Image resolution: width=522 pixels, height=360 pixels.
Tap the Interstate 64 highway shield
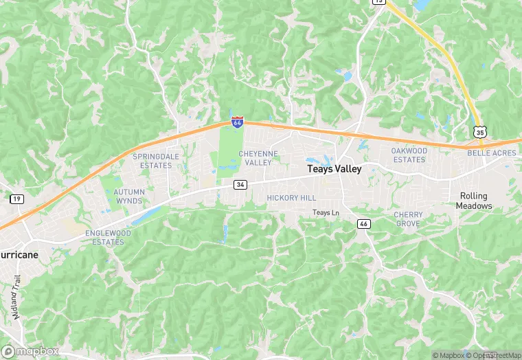tap(237, 122)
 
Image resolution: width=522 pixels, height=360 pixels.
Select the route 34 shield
tap(240, 185)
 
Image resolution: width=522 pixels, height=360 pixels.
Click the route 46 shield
tap(364, 224)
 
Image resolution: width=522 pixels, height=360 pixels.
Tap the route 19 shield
tap(16, 199)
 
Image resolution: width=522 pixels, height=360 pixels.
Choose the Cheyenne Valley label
tap(259, 158)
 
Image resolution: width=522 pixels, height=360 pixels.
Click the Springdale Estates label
tap(152, 161)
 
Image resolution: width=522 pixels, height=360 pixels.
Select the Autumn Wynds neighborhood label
tap(129, 196)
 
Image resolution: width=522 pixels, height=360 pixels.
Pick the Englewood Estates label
tap(109, 237)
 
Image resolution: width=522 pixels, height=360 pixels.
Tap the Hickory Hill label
tap(291, 198)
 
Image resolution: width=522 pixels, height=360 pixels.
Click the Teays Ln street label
tap(326, 213)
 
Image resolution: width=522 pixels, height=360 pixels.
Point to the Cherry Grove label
tap(408, 219)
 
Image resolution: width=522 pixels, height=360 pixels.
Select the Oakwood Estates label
tap(409, 155)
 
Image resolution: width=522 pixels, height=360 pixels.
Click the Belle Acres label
tap(492, 153)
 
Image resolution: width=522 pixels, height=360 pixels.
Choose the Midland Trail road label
tap(17, 297)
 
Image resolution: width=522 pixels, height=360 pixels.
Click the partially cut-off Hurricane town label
tap(19, 254)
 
